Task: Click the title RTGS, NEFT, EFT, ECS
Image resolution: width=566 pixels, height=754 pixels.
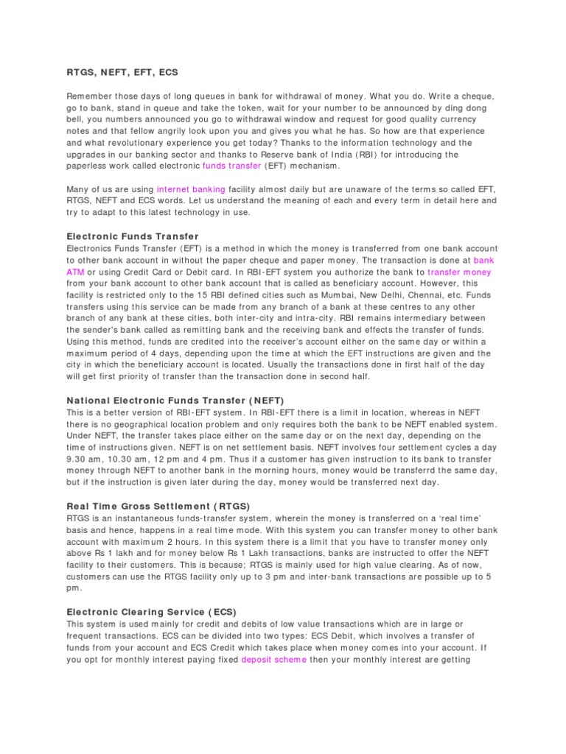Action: point(122,73)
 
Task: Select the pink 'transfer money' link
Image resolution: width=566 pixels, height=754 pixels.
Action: point(459,272)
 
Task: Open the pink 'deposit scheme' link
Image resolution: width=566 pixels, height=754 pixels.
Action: point(273,659)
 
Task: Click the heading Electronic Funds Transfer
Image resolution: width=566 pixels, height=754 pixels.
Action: point(133,236)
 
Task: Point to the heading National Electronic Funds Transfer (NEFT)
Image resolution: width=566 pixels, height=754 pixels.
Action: point(175,401)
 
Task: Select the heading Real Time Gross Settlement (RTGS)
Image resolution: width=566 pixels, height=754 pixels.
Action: point(158,506)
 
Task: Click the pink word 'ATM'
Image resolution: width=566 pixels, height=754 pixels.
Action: point(76,272)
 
